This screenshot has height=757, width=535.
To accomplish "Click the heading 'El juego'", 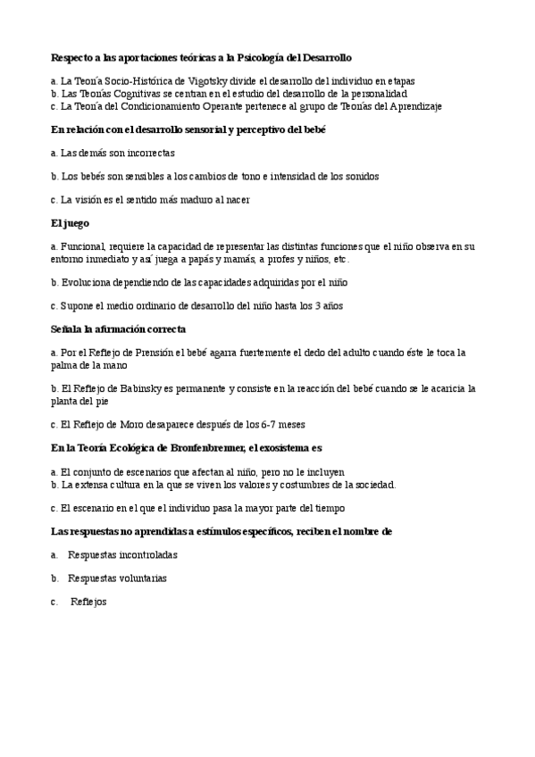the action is [x=71, y=222].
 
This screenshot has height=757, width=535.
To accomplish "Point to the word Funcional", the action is [x=84, y=245].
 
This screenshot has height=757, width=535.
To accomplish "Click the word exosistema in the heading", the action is [x=309, y=448].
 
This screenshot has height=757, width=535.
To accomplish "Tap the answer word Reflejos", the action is [x=88, y=602].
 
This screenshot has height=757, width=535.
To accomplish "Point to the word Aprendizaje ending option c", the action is [x=415, y=105].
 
